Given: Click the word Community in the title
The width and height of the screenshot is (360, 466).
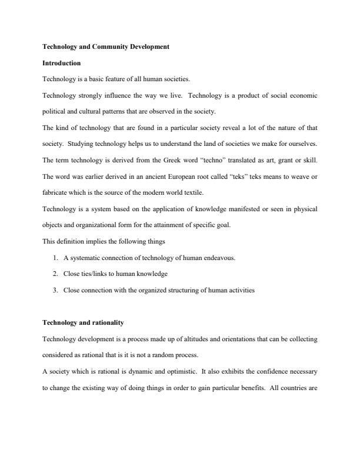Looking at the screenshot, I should [102, 46].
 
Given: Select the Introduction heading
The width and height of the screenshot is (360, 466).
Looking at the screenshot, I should [62, 62].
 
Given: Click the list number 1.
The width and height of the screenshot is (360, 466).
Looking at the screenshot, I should [55, 257].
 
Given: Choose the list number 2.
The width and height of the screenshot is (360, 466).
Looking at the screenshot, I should [55, 274].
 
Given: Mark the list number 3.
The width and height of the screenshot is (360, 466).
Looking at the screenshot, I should [55, 290].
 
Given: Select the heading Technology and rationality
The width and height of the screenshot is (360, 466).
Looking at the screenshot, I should [83, 322].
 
